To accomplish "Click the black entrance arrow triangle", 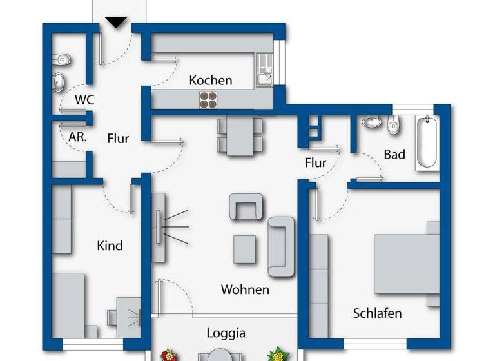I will [x=116, y=23].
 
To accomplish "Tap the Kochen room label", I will [x=210, y=81].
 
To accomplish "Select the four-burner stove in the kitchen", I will [x=208, y=99].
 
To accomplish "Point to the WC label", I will [x=84, y=100].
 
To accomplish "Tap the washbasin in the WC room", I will [x=59, y=82].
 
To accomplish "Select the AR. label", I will [x=77, y=137].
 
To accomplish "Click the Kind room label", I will [x=110, y=246].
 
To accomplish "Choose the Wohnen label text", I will [x=245, y=289].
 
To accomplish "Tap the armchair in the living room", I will [x=246, y=208].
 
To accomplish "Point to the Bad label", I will [x=394, y=155].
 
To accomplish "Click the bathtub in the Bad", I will [x=426, y=142].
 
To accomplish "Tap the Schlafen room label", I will [x=377, y=313].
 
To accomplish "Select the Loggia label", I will [x=226, y=333].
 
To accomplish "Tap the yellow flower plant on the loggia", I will [x=277, y=353].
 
